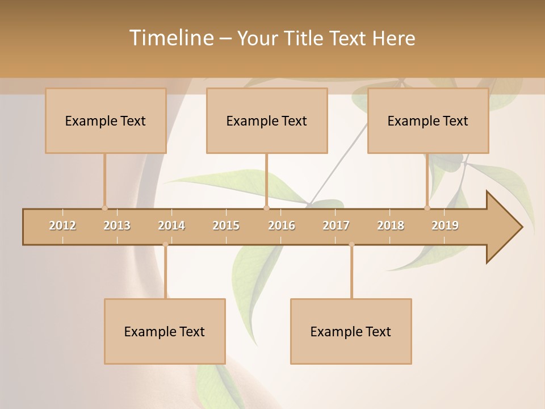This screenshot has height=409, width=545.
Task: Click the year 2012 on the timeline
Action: click(62, 226)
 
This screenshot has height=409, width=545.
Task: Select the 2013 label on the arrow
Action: click(117, 226)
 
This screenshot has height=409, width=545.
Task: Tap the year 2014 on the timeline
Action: click(171, 226)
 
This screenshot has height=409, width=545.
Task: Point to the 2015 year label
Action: click(226, 226)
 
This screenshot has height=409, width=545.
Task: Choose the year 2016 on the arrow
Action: click(282, 226)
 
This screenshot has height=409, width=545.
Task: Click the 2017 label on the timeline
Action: click(336, 226)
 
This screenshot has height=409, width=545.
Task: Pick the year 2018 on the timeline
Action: click(391, 226)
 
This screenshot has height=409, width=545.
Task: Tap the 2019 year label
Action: click(445, 226)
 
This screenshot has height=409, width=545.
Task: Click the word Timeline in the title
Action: click(170, 38)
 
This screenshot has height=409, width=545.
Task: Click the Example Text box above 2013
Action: click(106, 121)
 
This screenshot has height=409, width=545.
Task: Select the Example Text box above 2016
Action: click(267, 121)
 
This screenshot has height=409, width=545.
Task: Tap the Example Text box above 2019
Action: click(428, 121)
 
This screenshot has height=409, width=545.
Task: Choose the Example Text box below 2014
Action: click(165, 331)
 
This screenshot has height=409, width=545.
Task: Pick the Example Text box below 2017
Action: click(351, 331)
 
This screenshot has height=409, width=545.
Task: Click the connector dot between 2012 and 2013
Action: click(104, 208)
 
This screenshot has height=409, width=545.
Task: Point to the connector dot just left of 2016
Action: click(266, 208)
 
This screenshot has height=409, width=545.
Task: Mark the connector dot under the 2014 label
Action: click(165, 245)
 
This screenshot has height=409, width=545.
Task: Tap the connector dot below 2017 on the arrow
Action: click(351, 245)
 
